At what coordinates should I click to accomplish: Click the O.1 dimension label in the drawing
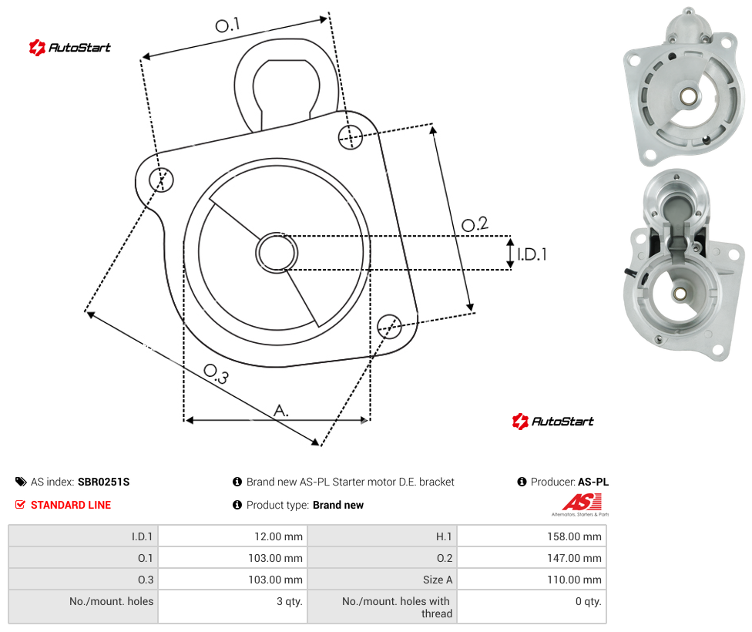pos(227,25)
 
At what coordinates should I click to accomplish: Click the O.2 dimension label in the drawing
pos(475,224)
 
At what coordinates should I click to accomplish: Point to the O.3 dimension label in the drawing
pos(217,374)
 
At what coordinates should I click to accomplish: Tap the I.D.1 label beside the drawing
pos(532,254)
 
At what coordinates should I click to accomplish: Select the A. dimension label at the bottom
pos(281,410)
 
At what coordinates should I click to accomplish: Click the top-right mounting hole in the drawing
pos(351,136)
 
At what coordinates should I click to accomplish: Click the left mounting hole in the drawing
pos(161,180)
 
